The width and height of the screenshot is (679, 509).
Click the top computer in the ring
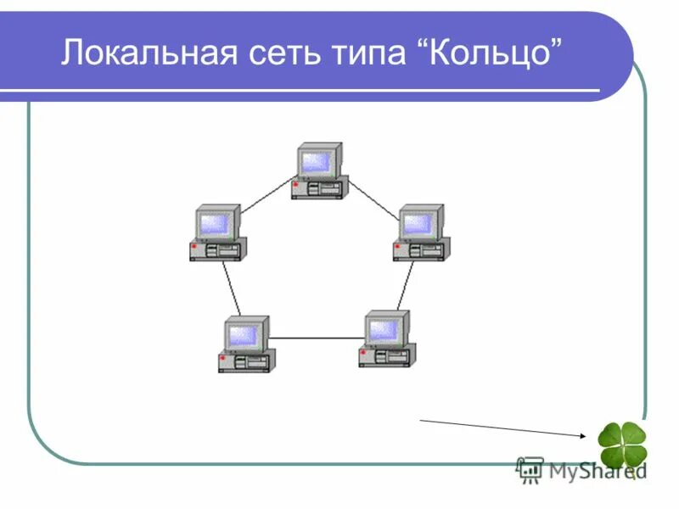(320, 171)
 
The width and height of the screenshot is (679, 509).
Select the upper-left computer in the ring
(218, 232)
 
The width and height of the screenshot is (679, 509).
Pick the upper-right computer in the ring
(421, 232)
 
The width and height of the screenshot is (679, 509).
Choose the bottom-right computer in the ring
(386, 339)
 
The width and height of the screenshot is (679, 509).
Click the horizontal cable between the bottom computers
(316, 338)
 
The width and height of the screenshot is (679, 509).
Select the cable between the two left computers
(232, 288)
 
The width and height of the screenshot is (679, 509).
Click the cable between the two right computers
(406, 286)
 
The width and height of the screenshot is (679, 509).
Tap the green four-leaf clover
(622, 446)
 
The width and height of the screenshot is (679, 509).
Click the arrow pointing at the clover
(501, 428)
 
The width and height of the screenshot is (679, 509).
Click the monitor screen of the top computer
(316, 161)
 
